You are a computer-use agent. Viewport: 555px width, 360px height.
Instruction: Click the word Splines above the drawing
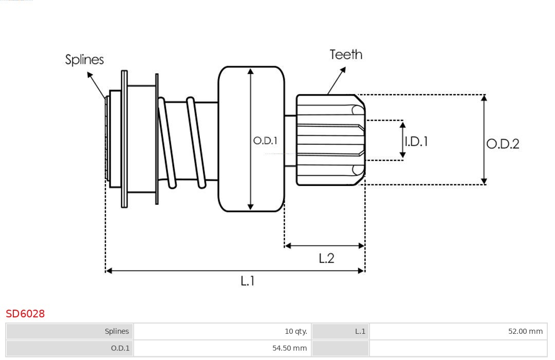(x=84, y=60)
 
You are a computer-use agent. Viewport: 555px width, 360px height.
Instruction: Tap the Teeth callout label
(x=346, y=54)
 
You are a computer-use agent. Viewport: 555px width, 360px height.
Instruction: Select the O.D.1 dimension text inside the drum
(x=265, y=140)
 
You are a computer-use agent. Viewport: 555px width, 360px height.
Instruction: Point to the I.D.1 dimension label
(x=416, y=141)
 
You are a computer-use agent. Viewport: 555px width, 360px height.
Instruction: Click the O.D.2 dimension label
(x=503, y=144)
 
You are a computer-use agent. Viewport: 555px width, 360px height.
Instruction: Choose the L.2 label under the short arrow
(x=326, y=258)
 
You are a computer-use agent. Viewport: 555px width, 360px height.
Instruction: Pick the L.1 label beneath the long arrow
(x=248, y=281)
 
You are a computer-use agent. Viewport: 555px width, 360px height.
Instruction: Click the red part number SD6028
(x=25, y=313)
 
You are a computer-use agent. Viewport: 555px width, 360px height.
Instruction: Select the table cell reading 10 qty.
(x=296, y=331)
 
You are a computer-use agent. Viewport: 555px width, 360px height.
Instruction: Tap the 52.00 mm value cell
(x=525, y=331)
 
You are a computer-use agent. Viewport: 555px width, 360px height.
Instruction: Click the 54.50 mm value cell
(x=289, y=348)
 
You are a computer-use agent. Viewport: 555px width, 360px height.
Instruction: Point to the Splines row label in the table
(x=117, y=331)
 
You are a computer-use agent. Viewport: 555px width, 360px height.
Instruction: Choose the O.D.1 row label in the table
(x=120, y=348)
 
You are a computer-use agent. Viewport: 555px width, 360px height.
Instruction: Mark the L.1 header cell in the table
(x=360, y=331)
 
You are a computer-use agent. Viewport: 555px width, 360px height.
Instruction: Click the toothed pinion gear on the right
(x=330, y=140)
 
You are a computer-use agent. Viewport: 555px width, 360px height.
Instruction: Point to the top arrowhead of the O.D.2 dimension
(x=484, y=98)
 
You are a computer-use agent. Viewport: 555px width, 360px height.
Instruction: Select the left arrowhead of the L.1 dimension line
(x=108, y=270)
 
